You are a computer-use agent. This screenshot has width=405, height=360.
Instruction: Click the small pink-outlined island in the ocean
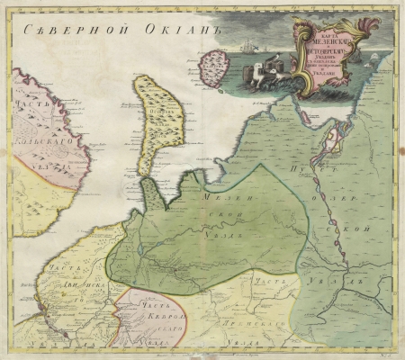pyautogui.click(x=213, y=68)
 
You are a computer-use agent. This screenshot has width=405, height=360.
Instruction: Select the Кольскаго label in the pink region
pyautogui.click(x=36, y=140)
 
